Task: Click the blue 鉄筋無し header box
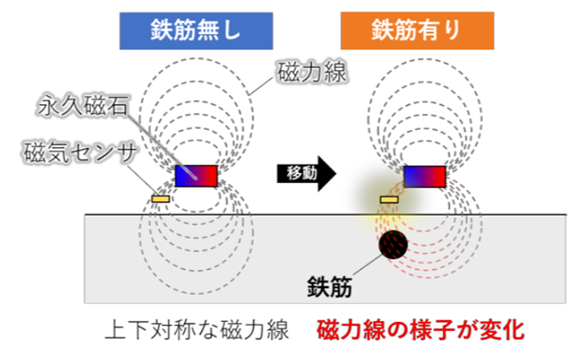197,31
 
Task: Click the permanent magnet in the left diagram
196,175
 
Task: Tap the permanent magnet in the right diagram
424,175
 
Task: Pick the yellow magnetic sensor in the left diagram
160,199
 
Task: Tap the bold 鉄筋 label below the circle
331,287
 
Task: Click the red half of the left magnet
207,175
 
